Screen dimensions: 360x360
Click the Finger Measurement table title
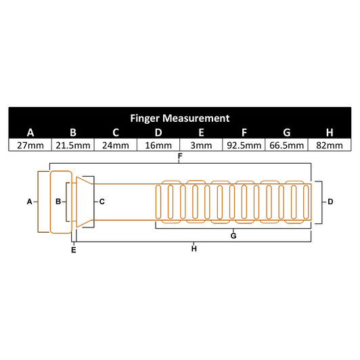point(179,118)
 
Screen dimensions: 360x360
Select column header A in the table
point(30,132)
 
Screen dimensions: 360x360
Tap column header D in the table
point(158,132)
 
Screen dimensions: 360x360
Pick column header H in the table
point(329,132)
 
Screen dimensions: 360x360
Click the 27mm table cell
point(30,145)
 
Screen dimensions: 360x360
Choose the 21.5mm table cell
point(72,145)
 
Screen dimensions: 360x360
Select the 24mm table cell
point(115,145)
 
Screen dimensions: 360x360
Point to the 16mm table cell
point(158,145)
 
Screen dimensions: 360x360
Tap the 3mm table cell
point(200,145)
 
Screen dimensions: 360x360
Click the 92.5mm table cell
point(244,145)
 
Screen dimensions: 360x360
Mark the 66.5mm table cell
point(286,145)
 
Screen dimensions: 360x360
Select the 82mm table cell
point(329,145)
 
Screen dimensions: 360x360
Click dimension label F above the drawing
point(179,157)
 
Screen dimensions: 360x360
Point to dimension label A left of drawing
point(29,202)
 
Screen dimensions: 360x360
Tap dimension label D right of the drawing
point(330,202)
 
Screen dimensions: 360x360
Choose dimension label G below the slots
point(233,235)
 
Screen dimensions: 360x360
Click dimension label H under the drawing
point(194,249)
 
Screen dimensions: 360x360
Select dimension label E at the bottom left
point(74,250)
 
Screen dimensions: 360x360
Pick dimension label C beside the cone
point(102,202)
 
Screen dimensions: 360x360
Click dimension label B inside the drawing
point(59,202)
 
